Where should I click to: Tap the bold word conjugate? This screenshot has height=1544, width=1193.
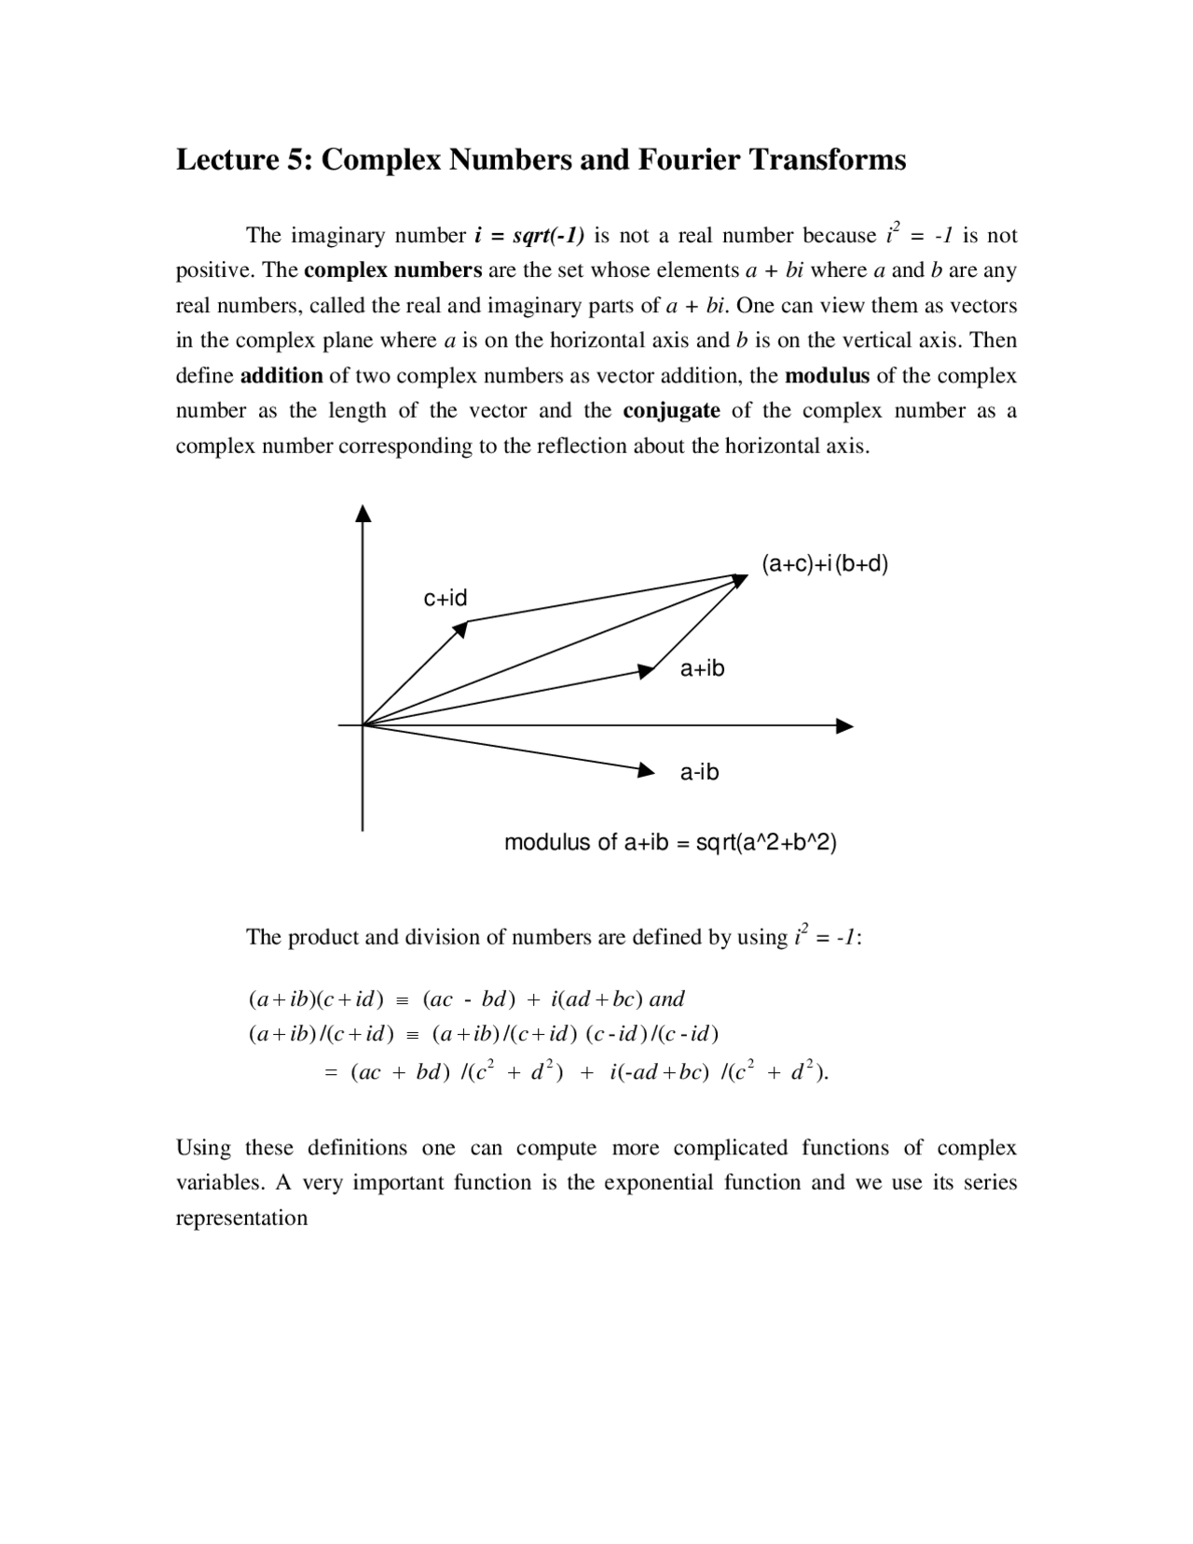click(x=671, y=411)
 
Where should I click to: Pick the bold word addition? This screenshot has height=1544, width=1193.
click(x=281, y=376)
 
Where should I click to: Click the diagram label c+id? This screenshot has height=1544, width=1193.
click(x=446, y=598)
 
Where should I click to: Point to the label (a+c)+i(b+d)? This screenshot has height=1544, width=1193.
click(x=825, y=564)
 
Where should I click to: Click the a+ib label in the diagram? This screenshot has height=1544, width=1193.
click(x=702, y=669)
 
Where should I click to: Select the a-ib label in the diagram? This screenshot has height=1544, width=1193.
click(x=699, y=772)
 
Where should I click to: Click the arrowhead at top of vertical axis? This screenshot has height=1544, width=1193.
click(x=363, y=514)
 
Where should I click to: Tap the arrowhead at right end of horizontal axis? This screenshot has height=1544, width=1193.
click(x=844, y=725)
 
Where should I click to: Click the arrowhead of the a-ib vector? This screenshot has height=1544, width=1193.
click(x=646, y=769)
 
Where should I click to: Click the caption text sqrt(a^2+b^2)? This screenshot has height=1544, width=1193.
click(x=766, y=843)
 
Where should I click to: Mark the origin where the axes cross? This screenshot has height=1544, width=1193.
click(x=363, y=724)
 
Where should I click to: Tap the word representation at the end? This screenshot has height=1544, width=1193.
click(x=241, y=1218)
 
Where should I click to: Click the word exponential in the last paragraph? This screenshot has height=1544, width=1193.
click(x=657, y=1182)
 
